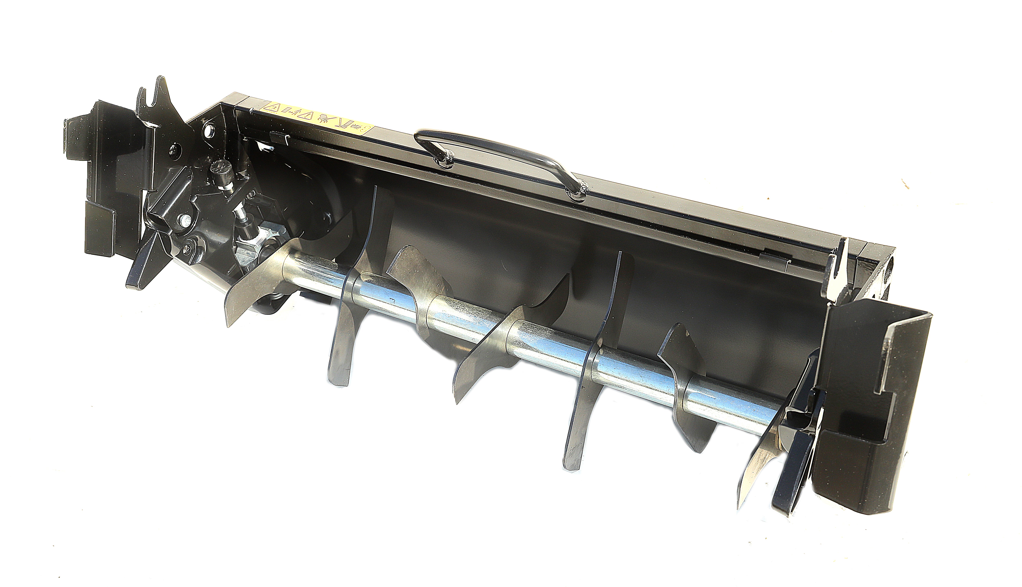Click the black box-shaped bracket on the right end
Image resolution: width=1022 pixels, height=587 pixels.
coord(875,403)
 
